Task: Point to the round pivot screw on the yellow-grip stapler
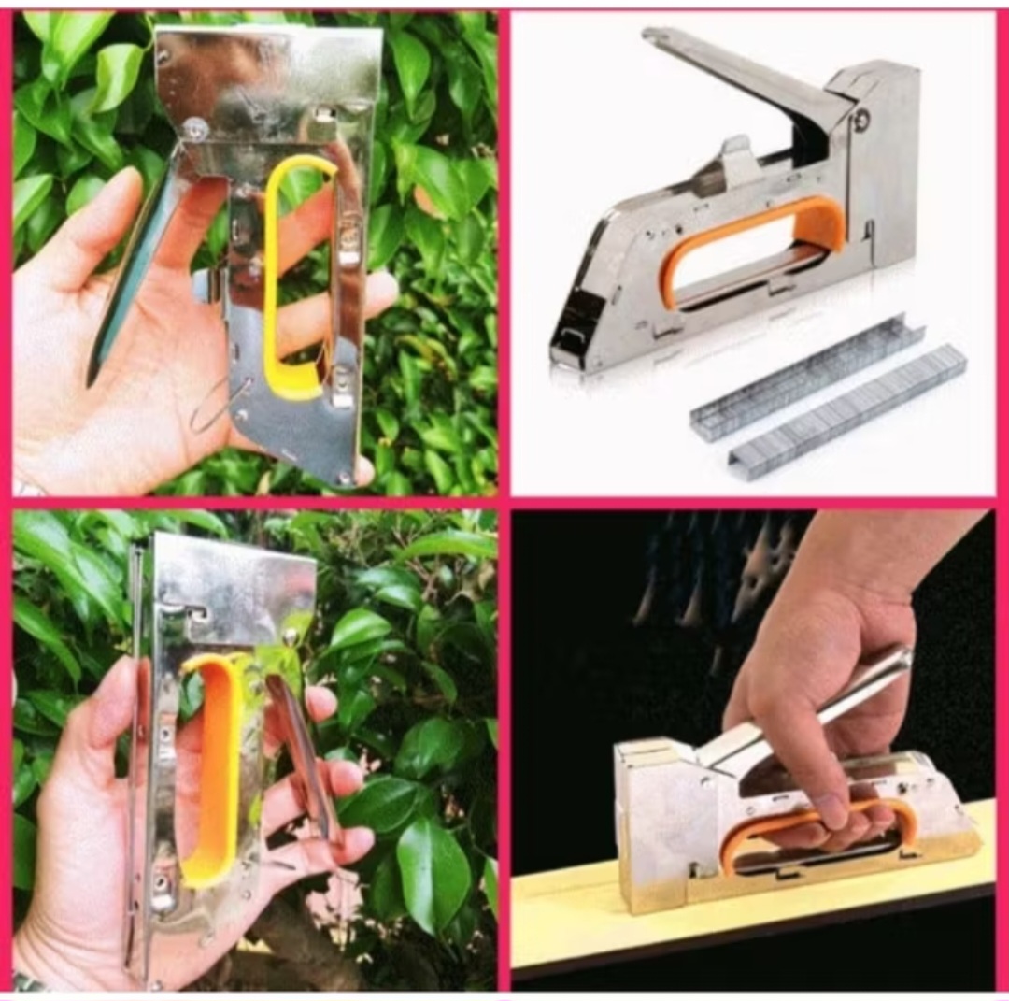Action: tap(195, 130)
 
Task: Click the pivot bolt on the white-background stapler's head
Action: tap(860, 119)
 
